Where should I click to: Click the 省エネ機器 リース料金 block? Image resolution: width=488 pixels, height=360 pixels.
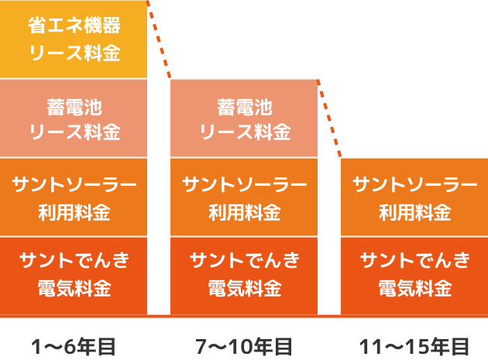74,39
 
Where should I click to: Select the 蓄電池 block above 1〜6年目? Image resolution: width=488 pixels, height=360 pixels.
74,118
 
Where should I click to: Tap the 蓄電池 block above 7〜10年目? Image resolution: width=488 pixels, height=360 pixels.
244,118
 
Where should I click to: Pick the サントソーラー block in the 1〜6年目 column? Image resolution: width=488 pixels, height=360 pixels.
74,197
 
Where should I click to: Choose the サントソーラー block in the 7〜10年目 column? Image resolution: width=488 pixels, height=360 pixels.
244,197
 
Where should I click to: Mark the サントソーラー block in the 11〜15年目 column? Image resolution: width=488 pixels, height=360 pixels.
414,197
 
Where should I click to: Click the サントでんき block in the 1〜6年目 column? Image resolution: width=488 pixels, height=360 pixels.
74,275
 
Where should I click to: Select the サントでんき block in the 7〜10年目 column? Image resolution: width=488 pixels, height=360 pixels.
244,275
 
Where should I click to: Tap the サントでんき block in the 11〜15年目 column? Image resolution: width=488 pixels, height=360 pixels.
414,275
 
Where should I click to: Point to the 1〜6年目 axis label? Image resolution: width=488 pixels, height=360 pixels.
74,345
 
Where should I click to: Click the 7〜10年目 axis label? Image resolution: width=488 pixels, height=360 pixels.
244,345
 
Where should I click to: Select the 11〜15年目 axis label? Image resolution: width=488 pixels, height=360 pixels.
414,345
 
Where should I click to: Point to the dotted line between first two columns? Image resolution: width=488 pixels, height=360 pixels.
159,39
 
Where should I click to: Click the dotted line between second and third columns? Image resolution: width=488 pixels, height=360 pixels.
329,118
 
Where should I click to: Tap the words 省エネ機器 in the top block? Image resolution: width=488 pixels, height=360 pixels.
74,26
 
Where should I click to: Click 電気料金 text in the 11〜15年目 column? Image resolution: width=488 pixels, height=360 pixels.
414,290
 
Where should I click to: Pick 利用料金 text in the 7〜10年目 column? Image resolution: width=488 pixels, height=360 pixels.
244,211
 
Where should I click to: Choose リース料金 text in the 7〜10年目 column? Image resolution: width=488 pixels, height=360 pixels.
244,132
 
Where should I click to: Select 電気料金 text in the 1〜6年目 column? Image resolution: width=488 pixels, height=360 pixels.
74,290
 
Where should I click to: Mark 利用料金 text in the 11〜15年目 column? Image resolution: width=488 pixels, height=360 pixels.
414,211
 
